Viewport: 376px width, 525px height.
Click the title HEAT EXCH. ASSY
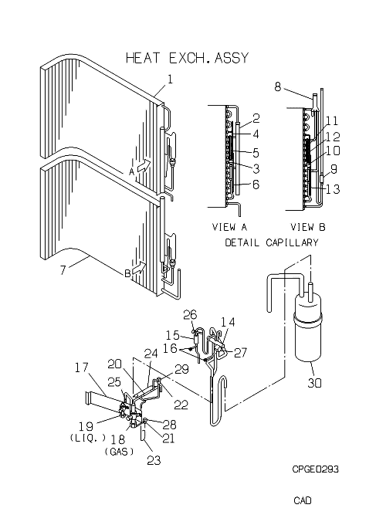(x=187, y=58)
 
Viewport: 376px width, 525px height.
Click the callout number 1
(x=170, y=80)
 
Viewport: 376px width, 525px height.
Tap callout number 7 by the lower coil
(x=63, y=269)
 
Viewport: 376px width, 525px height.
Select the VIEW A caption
(x=229, y=227)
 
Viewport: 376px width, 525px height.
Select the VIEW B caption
(x=308, y=227)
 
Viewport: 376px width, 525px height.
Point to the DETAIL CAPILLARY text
(x=271, y=242)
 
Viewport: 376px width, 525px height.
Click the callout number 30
(x=314, y=382)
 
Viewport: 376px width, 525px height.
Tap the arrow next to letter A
(x=144, y=165)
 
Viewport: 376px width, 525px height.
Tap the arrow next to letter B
(x=139, y=268)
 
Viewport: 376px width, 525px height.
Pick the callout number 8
(x=278, y=86)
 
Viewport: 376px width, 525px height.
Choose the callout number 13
(x=333, y=189)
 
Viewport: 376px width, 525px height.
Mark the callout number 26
(x=190, y=315)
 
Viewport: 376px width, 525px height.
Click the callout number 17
(x=81, y=367)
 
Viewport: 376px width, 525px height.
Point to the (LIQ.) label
(x=88, y=438)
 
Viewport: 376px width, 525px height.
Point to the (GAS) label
(x=119, y=452)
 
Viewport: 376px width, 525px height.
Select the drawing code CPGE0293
(x=316, y=469)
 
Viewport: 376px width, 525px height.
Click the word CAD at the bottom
(x=303, y=500)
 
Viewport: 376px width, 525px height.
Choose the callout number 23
(x=154, y=461)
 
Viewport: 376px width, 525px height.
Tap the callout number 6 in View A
(x=256, y=185)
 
